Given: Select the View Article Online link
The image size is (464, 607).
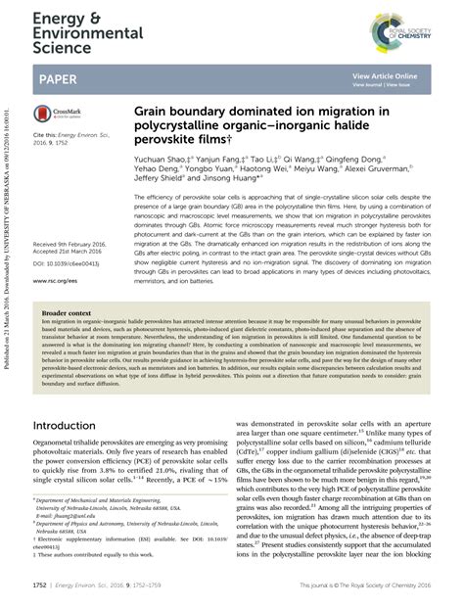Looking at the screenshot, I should pos(385,75).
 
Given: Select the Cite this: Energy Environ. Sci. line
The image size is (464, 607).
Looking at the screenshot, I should pos(69,134).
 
